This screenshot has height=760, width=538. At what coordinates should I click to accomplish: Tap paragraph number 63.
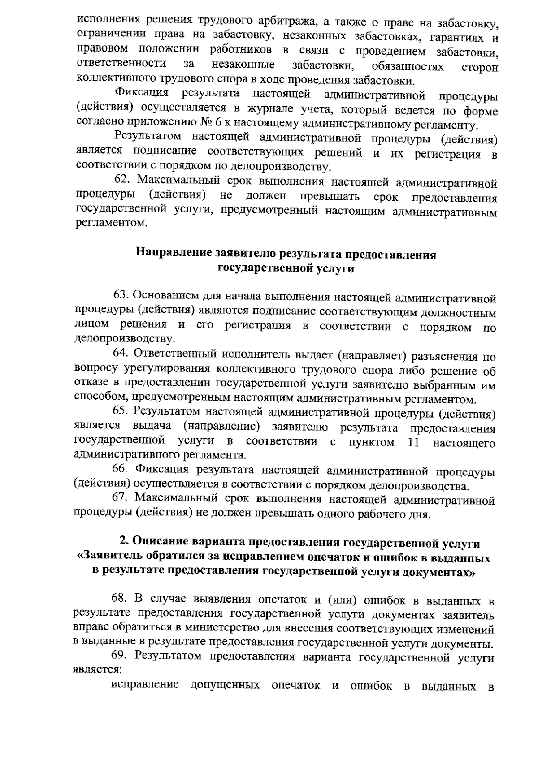(x=121, y=296)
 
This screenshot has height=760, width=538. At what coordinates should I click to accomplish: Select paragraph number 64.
(x=121, y=354)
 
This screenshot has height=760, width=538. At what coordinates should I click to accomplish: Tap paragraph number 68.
(x=120, y=600)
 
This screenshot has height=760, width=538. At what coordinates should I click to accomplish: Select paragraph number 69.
(x=120, y=657)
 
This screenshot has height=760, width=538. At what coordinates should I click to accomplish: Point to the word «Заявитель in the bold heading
(x=114, y=558)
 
